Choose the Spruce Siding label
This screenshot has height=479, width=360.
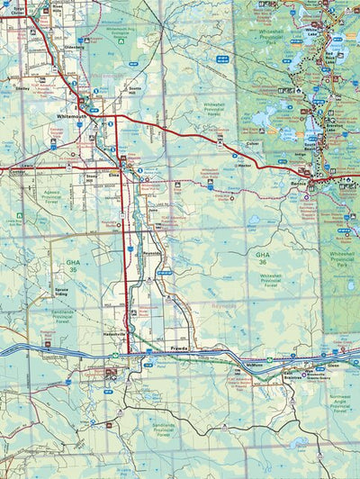click(62, 292)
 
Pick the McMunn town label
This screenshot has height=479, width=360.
click(255, 366)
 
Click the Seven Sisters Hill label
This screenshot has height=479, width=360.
click(133, 89)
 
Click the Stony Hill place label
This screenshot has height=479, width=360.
click(91, 177)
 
